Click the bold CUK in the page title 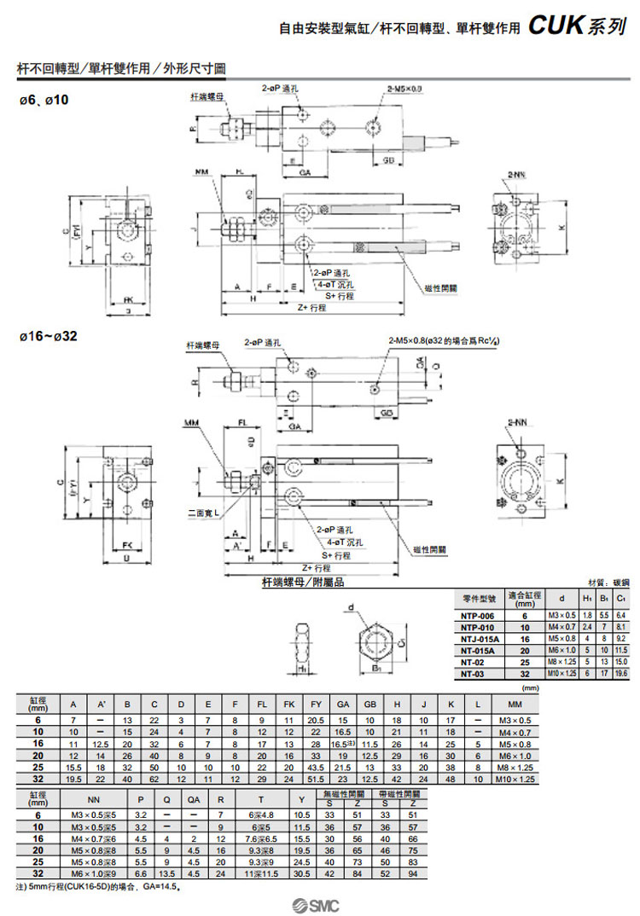point(556,26)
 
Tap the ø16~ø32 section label point(49,336)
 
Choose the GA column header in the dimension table point(343,704)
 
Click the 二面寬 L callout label point(204,513)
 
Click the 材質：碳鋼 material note point(608,583)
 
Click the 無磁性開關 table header point(338,794)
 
